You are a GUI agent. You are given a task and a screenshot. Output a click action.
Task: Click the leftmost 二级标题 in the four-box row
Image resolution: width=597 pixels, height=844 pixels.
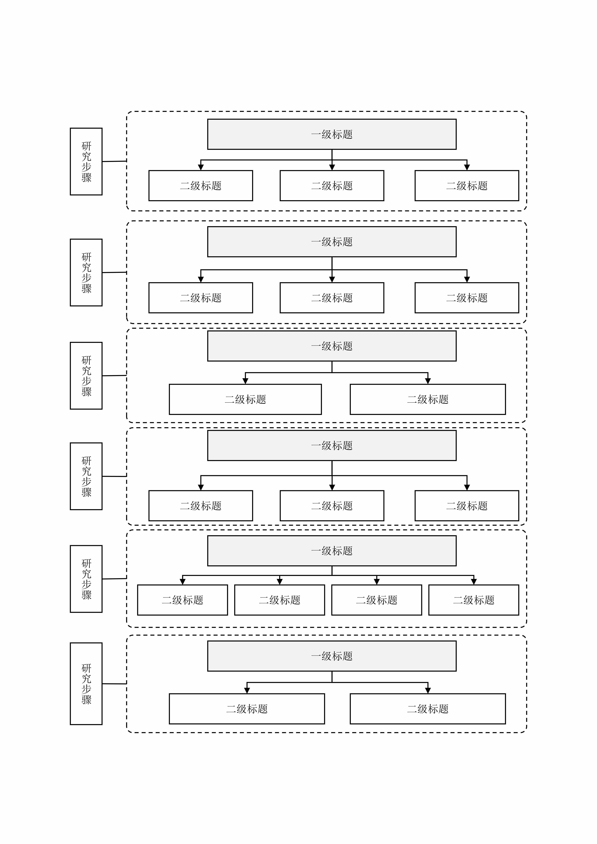click(x=182, y=600)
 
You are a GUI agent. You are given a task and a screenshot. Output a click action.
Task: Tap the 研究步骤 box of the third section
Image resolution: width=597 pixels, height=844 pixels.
click(x=86, y=375)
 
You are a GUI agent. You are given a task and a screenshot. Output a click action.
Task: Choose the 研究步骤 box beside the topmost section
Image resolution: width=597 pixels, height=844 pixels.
click(x=86, y=161)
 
